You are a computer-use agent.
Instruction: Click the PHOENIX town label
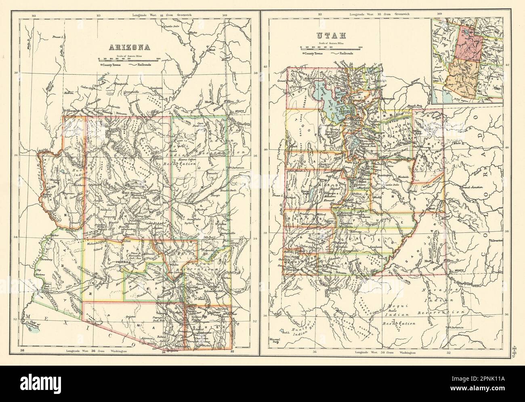[x=122, y=262]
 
